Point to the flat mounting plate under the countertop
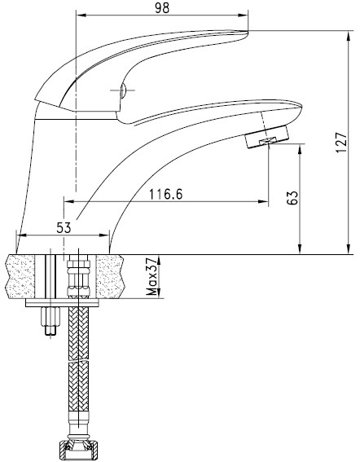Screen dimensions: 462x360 pos(63,304)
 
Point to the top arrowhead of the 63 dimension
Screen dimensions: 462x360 pos(301,149)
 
